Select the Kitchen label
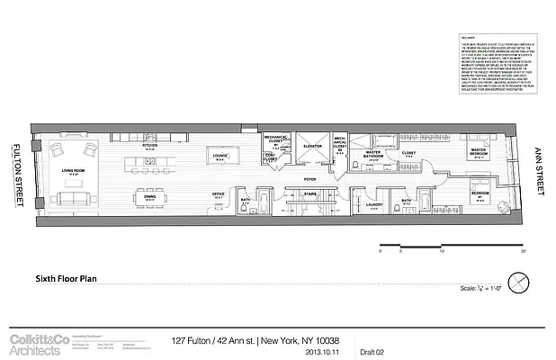[149, 143]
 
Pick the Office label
[218, 193]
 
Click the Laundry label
[374, 204]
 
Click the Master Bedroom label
[477, 152]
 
